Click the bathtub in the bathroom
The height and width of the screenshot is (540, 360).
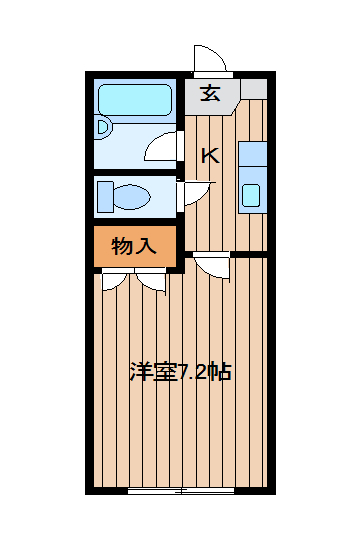pos(135,100)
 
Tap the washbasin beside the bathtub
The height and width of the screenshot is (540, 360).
pos(103,127)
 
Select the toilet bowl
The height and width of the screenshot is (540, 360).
pos(132,197)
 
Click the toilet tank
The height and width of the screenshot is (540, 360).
pos(105,197)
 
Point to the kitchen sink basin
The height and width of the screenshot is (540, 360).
pos(251,195)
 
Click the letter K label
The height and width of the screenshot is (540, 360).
pos(210,156)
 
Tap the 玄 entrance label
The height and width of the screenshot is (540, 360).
pos(210,93)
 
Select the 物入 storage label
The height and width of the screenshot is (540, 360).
pos(134,246)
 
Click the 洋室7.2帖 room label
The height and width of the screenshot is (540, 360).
pos(180,372)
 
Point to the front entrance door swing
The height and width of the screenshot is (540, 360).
pos(209,58)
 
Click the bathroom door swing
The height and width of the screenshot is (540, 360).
pos(162,146)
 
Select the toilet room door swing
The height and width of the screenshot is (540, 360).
pos(195,194)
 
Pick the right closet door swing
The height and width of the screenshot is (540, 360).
pos(151,282)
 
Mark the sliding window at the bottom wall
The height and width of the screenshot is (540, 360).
pos(181,491)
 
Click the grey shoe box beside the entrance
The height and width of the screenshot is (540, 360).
pos(254,88)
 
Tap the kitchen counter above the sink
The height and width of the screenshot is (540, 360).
pos(253,154)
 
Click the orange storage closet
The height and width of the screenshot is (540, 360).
pos(135,246)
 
